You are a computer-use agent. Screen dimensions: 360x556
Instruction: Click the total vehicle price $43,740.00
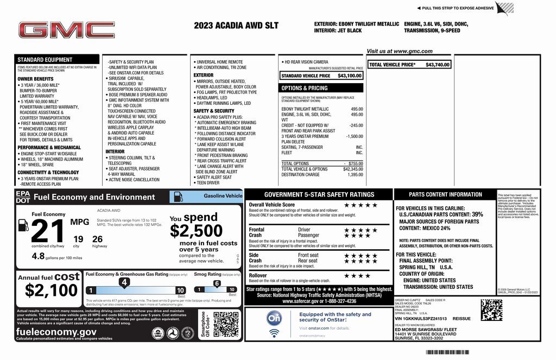pos(438,65)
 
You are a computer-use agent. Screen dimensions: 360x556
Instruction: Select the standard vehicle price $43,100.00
pos(350,76)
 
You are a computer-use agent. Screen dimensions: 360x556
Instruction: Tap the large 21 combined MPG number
pos(47,231)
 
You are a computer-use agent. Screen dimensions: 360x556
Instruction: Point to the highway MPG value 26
pos(98,238)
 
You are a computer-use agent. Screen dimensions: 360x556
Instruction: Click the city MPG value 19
pos(78,238)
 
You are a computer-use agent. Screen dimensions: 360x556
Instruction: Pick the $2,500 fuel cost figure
pos(196,231)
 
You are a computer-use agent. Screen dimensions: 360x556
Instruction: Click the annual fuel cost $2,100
pos(52,291)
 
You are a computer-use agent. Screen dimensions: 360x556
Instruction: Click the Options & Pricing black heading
pos(304,88)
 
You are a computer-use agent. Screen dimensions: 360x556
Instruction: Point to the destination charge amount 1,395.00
pos(355,175)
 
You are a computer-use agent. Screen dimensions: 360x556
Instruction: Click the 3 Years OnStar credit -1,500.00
pos(354,136)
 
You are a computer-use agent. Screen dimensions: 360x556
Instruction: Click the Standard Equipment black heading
pos(45,60)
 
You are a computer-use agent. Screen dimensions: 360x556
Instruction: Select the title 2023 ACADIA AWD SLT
pos(236,26)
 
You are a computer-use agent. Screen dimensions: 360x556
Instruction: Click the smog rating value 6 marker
pos(217,283)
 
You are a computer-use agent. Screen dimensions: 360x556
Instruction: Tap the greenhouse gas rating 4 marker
pos(124,282)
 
